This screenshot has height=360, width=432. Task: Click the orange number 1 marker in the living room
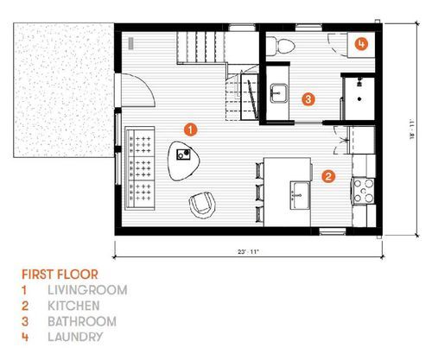pyautogui.click(x=190, y=129)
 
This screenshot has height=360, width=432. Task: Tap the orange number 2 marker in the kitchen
pyautogui.click(x=328, y=176)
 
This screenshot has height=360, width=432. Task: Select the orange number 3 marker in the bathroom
pyautogui.click(x=308, y=99)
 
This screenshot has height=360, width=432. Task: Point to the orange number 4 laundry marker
pyautogui.click(x=361, y=44)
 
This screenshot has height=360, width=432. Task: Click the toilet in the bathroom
pyautogui.click(x=281, y=46)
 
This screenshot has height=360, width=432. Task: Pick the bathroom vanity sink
pyautogui.click(x=279, y=93)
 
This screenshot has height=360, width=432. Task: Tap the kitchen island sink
pyautogui.click(x=300, y=195)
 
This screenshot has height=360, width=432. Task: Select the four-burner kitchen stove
pyautogui.click(x=364, y=191)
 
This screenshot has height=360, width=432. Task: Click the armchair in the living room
pyautogui.click(x=202, y=205)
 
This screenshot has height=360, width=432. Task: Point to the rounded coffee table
pyautogui.click(x=183, y=161)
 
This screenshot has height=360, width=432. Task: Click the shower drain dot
pyautogui.click(x=359, y=99)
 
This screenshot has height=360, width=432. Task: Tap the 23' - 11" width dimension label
pyautogui.click(x=248, y=251)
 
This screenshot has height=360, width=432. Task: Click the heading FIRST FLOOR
pyautogui.click(x=60, y=275)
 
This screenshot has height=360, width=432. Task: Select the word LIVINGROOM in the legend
pyautogui.click(x=87, y=290)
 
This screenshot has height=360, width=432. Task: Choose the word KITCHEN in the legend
pyautogui.click(x=73, y=306)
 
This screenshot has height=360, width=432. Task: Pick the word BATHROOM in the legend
pyautogui.click(x=82, y=321)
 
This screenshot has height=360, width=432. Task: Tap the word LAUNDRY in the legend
pyautogui.click(x=75, y=337)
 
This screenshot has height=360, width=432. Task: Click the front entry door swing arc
pyautogui.click(x=148, y=85)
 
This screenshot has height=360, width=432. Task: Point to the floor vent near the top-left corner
pyautogui.click(x=131, y=43)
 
